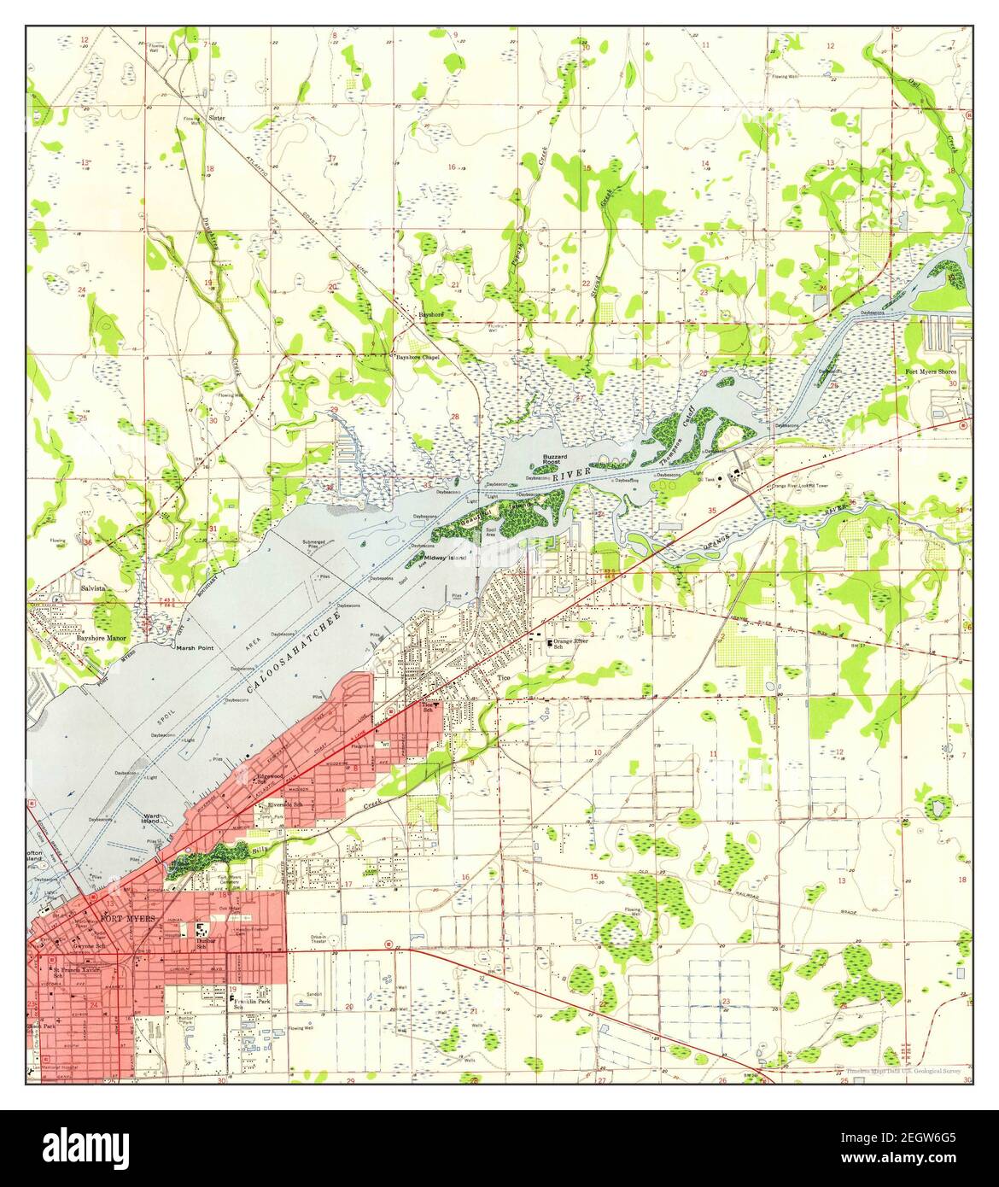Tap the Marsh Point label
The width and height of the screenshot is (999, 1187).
point(194,648)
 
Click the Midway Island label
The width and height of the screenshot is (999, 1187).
point(446,558)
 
